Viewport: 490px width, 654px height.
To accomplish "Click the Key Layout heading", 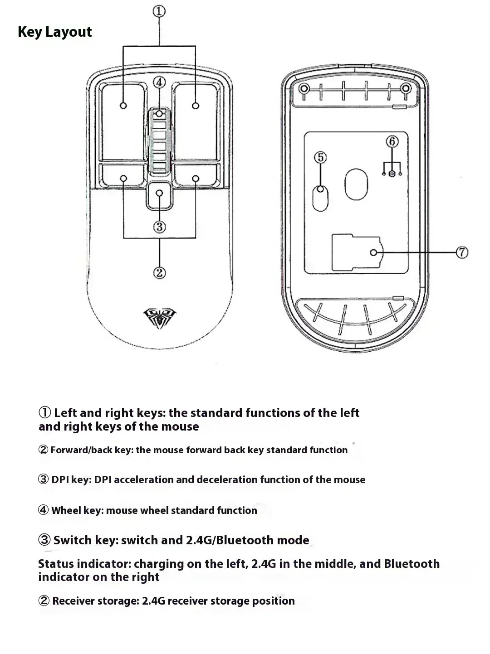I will (x=54, y=32).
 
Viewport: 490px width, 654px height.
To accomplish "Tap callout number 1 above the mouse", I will (x=159, y=11).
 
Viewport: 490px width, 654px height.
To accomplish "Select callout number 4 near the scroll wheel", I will (x=159, y=82).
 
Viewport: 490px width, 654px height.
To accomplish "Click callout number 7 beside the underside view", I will (x=462, y=252).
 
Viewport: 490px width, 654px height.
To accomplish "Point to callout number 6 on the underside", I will (x=392, y=141).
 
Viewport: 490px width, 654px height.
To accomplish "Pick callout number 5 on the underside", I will (x=320, y=157).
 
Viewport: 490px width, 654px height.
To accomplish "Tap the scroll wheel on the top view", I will (x=159, y=140).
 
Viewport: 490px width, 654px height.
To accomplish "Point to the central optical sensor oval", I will (x=356, y=185).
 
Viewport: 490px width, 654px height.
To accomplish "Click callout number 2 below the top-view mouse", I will (x=159, y=272).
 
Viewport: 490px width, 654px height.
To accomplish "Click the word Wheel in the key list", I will (x=64, y=511).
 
